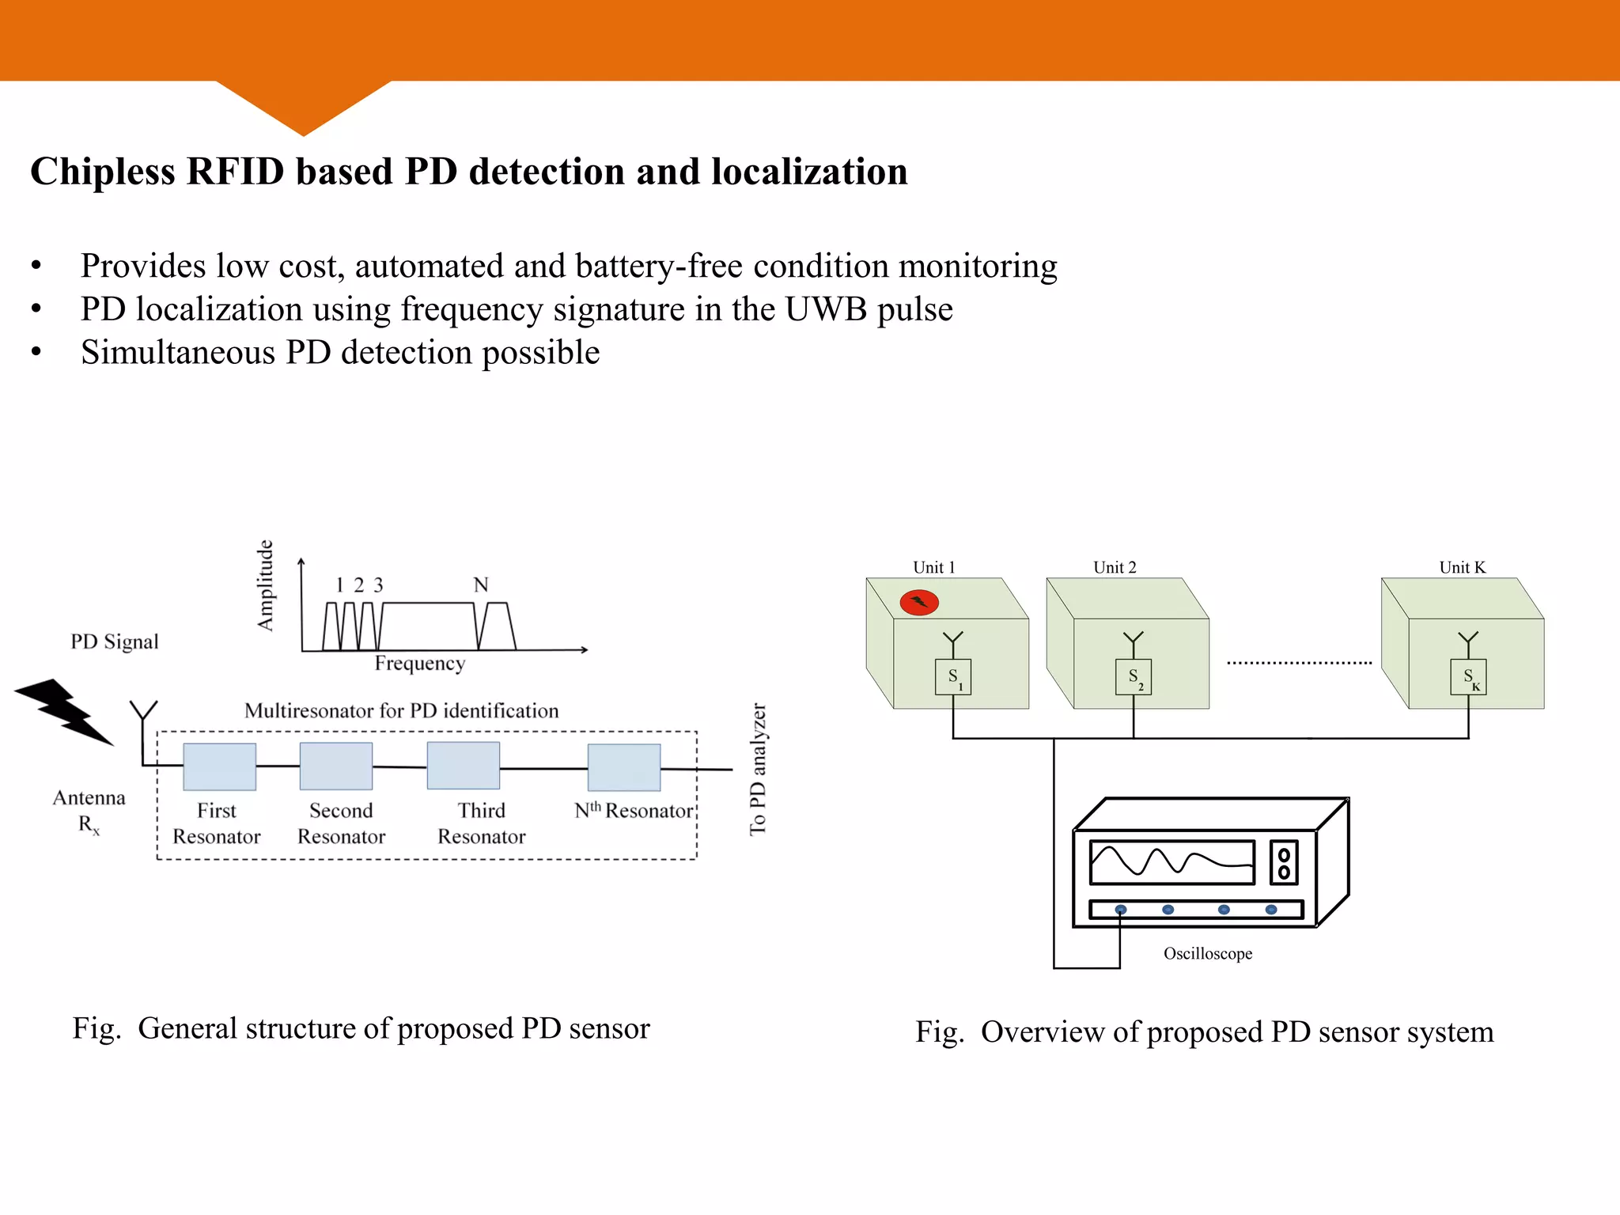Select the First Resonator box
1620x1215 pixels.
coord(219,766)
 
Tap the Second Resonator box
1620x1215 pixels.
coord(335,766)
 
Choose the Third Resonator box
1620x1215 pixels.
coord(463,766)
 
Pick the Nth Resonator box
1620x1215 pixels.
coord(623,767)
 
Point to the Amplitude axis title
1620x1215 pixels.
coord(266,585)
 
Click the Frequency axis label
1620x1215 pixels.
coord(419,663)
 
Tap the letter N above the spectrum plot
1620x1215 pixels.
coord(481,585)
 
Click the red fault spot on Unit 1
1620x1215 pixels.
coord(919,603)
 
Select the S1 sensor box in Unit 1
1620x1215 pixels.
coord(953,677)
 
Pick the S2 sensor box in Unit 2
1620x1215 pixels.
coord(1134,677)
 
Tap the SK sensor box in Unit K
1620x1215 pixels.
coord(1469,677)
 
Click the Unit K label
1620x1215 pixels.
coord(1462,567)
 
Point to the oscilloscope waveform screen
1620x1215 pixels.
coord(1171,862)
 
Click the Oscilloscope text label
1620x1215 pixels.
coord(1207,953)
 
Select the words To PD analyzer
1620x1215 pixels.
coord(758,769)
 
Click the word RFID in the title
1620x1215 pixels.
coord(235,172)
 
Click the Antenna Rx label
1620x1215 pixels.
coord(89,810)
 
